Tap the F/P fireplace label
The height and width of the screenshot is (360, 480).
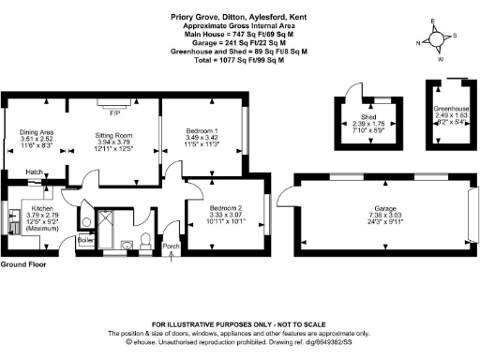114,112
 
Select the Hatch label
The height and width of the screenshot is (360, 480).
35,172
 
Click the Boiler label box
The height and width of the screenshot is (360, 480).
86,241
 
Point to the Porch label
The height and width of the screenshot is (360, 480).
172,247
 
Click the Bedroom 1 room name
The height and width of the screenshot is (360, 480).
202,130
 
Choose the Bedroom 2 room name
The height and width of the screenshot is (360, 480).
225,207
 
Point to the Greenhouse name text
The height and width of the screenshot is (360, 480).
449,108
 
